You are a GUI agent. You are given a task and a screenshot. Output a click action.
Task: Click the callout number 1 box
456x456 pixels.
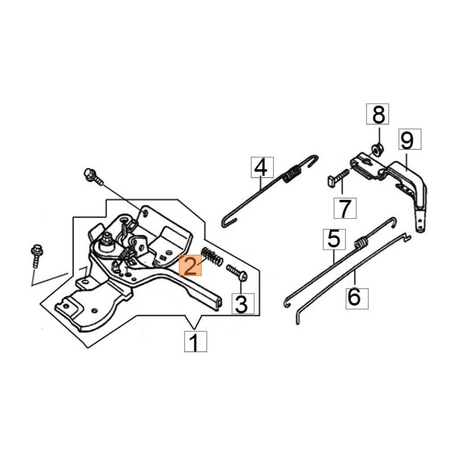point(194,343)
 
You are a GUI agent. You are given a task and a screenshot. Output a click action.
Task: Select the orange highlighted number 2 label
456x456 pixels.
point(190,266)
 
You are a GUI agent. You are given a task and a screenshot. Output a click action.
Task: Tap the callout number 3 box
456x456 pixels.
point(241,304)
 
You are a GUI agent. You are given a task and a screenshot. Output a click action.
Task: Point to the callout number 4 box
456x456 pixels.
point(260,168)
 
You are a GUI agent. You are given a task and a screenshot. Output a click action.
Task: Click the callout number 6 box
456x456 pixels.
point(354,297)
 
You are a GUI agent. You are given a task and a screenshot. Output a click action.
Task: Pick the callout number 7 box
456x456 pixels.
point(345,209)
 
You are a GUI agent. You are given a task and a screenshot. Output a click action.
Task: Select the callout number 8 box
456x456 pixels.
point(378,115)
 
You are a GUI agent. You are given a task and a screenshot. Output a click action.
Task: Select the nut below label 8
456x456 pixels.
point(376,150)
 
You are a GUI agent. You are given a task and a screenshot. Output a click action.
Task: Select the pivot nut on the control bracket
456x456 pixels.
point(107,243)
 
